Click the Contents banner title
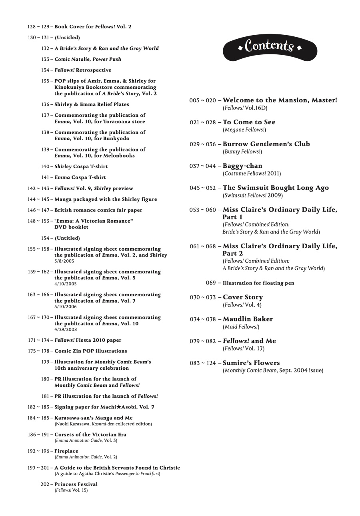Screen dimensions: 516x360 point(270,46)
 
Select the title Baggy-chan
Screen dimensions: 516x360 point(242,166)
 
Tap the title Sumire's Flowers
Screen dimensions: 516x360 point(251,363)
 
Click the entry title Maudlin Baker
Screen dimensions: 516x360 point(248,319)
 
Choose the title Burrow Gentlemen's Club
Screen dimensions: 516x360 point(266,144)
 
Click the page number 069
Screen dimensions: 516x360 point(211,283)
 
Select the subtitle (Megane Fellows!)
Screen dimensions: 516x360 point(244,129)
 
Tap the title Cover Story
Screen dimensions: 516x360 point(243,297)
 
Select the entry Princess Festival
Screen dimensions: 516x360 point(76,484)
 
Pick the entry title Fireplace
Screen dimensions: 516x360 point(66,451)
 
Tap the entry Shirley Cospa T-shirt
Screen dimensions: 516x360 point(81,166)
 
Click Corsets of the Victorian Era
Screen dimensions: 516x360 point(90,434)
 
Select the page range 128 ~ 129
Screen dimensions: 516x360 point(38,27)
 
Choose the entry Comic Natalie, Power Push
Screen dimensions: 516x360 point(88,59)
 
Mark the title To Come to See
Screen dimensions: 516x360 point(249,122)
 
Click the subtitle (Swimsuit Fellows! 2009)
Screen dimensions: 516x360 point(252,195)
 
